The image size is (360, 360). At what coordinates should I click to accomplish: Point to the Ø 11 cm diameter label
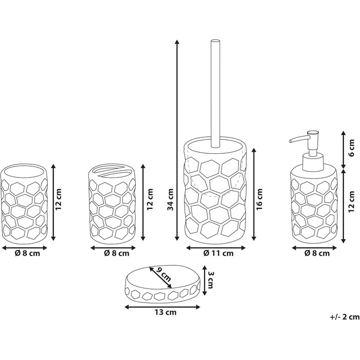click(219, 253)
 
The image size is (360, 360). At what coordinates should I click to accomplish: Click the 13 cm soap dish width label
click(163, 312)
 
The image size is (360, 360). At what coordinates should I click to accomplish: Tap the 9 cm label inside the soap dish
click(164, 278)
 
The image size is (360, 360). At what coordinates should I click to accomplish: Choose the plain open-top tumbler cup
click(25, 202)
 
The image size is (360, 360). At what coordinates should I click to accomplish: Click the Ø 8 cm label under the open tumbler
click(25, 253)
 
